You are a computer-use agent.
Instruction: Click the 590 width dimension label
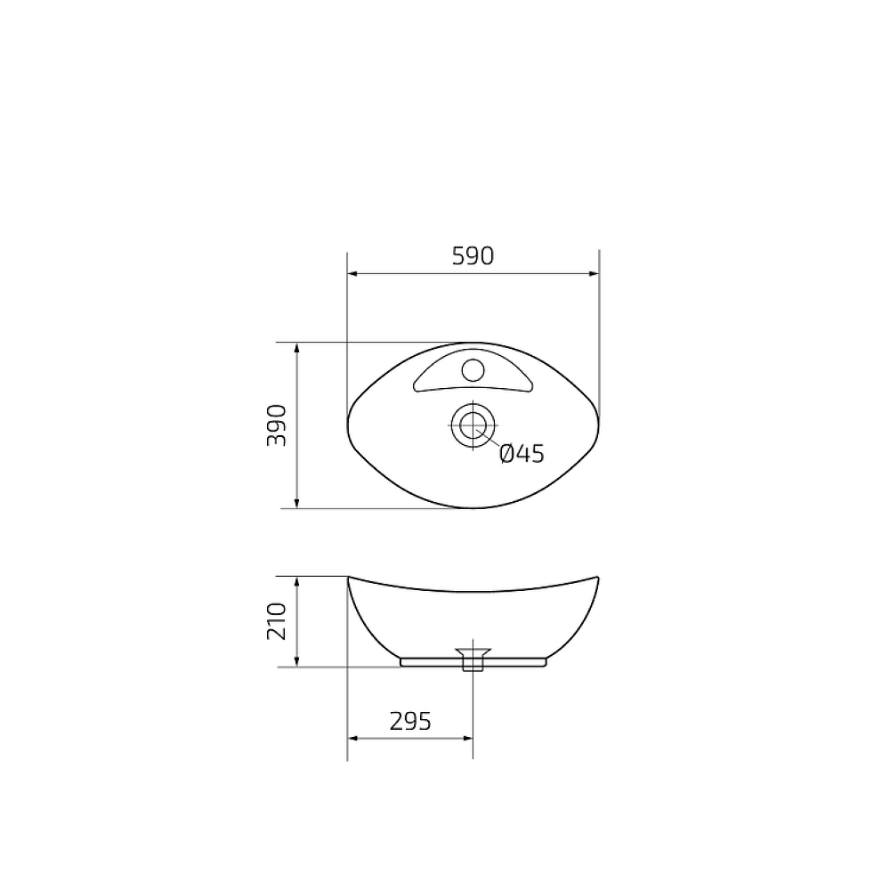pyautogui.click(x=473, y=256)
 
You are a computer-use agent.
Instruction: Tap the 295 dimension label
pyautogui.click(x=410, y=721)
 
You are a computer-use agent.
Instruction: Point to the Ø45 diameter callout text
pyautogui.click(x=522, y=454)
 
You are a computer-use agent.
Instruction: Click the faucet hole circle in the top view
pyautogui.click(x=473, y=368)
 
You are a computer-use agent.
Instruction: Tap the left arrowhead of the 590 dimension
pyautogui.click(x=352, y=275)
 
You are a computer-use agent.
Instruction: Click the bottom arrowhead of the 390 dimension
pyautogui.click(x=296, y=503)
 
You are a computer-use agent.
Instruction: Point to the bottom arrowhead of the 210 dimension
pyautogui.click(x=296, y=660)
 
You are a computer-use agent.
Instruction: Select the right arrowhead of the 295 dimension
pyautogui.click(x=466, y=738)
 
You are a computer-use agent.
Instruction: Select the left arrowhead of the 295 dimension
pyautogui.click(x=352, y=738)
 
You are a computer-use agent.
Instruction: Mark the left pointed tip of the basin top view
pyautogui.click(x=346, y=425)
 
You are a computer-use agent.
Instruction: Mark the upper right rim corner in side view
pyautogui.click(x=599, y=577)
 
